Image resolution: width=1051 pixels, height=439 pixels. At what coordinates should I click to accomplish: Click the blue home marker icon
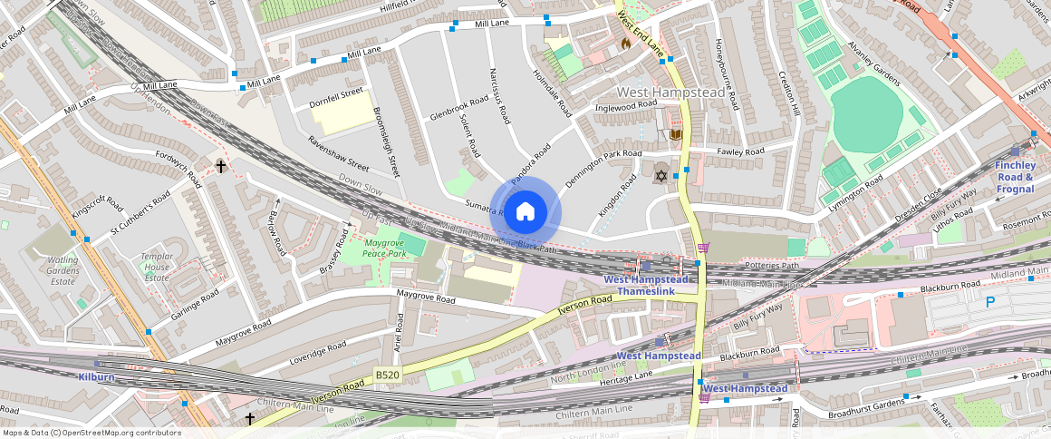tap(525, 212)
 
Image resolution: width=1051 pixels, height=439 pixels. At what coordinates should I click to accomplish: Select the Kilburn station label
tap(96, 376)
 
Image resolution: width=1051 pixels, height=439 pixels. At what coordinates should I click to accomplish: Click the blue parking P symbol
tap(990, 302)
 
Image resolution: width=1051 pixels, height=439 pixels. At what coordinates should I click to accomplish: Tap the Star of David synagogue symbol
tap(660, 174)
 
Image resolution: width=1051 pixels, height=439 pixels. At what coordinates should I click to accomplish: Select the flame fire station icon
tap(624, 43)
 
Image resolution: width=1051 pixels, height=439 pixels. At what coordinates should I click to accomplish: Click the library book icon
tap(674, 135)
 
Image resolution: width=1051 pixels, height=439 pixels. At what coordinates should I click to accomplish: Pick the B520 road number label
tap(388, 374)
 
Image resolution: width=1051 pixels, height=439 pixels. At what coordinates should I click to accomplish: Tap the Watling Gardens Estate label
tap(63, 270)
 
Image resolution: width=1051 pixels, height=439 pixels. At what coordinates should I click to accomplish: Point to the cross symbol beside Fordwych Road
tap(220, 166)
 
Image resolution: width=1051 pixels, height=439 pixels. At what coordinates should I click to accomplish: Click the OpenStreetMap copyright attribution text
tap(91, 433)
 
